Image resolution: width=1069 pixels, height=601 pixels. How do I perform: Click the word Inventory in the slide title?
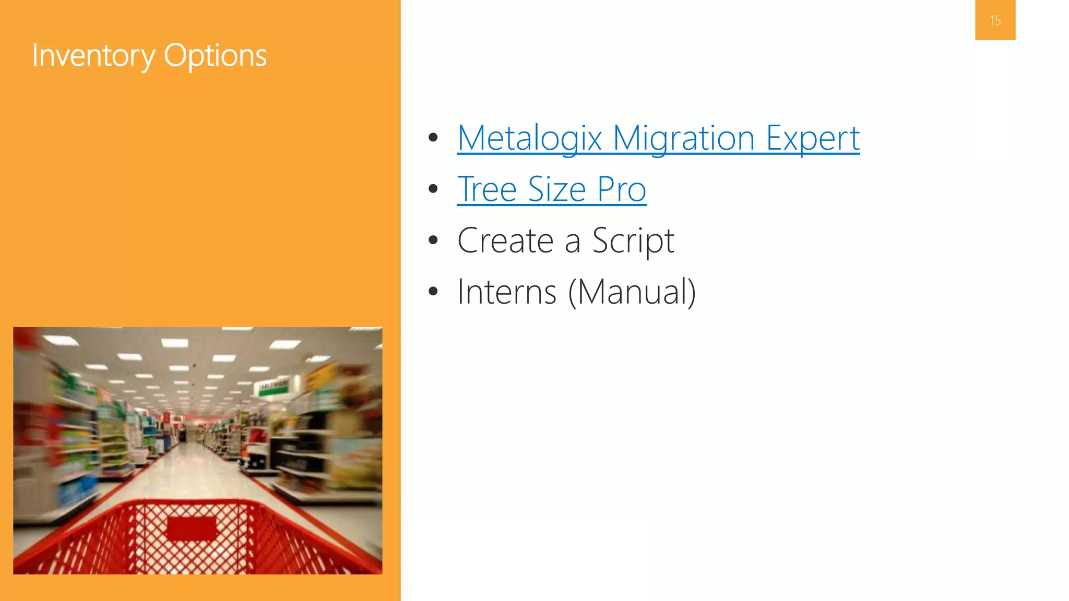[x=93, y=55]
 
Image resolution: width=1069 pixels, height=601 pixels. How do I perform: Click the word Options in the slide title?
[x=215, y=55]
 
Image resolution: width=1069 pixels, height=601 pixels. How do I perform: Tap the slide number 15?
[x=995, y=21]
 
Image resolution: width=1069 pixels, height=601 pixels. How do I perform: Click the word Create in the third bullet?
[x=505, y=241]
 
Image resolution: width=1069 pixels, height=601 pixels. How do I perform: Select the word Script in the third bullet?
[x=633, y=241]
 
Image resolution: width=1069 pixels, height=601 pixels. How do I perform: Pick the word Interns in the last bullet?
[x=506, y=292]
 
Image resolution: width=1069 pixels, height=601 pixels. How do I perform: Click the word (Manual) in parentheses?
[x=632, y=292]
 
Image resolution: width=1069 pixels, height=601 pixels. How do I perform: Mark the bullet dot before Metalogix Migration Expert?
[x=433, y=138]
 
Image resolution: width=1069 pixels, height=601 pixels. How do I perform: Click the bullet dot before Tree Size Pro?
[x=433, y=189]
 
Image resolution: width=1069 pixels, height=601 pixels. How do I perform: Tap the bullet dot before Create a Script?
[x=433, y=240]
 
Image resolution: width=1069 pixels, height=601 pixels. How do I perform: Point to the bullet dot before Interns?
[x=433, y=291]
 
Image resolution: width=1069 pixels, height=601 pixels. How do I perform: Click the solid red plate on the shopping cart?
[x=192, y=528]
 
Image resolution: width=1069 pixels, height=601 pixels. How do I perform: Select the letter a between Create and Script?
[x=572, y=242]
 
